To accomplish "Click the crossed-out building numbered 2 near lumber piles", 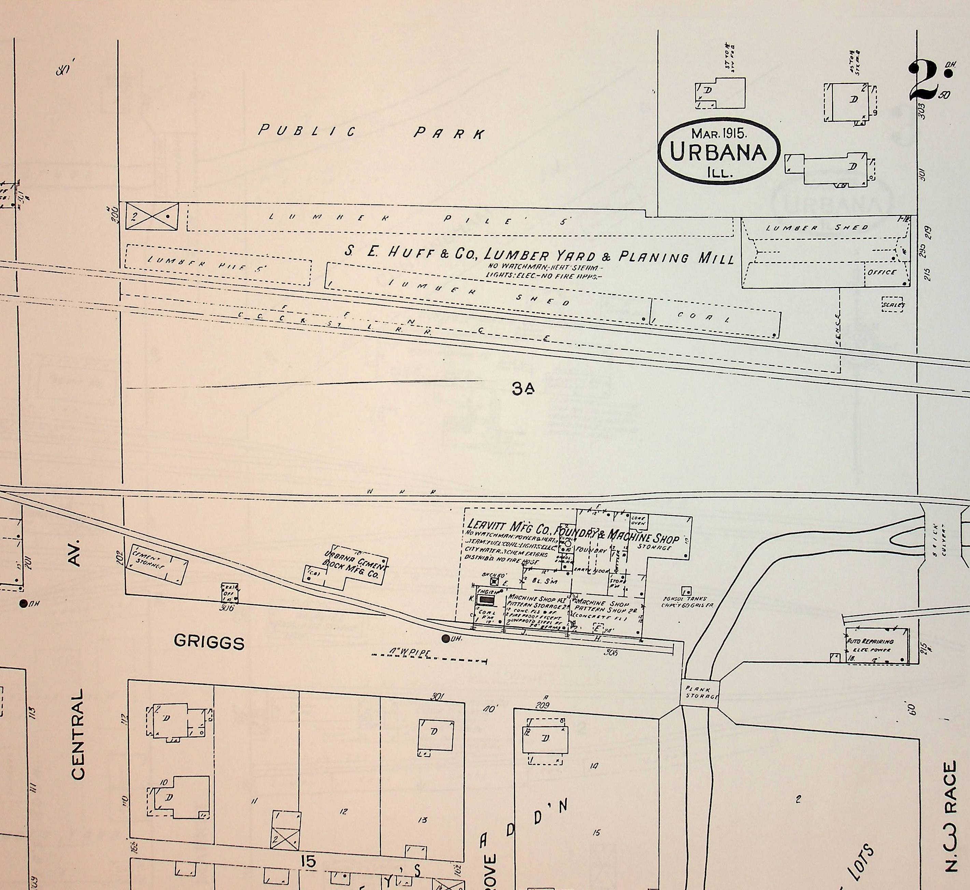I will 152,216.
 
